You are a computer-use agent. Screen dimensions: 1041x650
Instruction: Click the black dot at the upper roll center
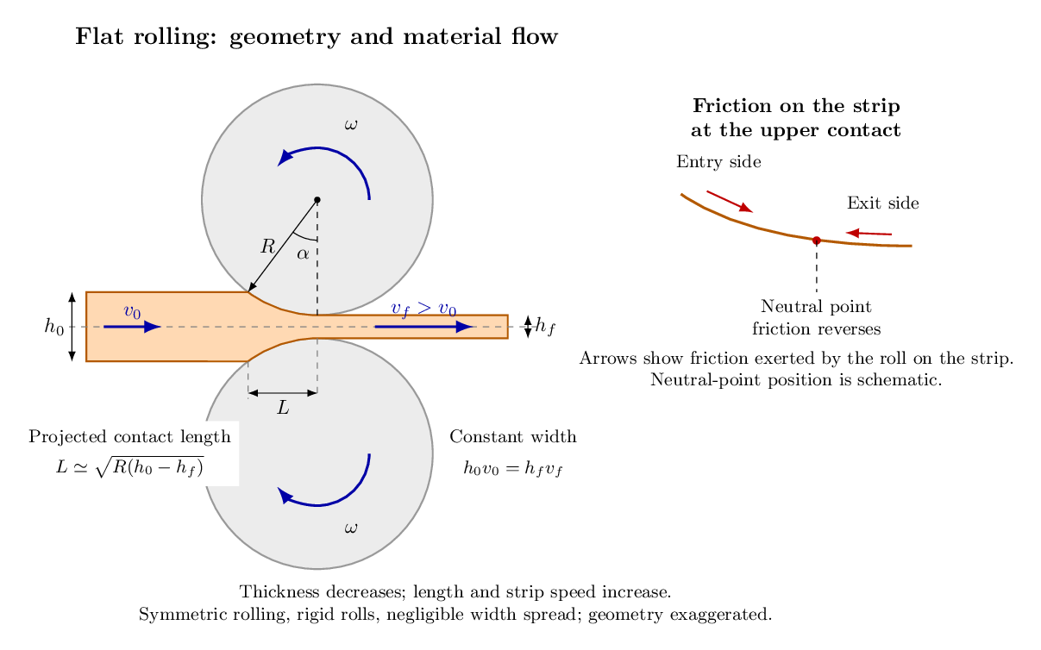pyautogui.click(x=317, y=200)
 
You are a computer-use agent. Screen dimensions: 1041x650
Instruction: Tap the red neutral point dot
pyautogui.click(x=817, y=241)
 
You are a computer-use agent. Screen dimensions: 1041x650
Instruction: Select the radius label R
pyautogui.click(x=267, y=247)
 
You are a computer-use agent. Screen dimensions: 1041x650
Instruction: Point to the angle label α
pyautogui.click(x=303, y=254)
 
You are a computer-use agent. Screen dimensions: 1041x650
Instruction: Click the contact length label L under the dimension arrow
pyautogui.click(x=283, y=408)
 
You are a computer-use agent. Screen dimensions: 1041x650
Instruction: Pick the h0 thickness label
pyautogui.click(x=54, y=327)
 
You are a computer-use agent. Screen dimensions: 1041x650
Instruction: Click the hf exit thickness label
pyautogui.click(x=545, y=326)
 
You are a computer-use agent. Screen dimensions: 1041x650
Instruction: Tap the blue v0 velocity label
pyautogui.click(x=133, y=312)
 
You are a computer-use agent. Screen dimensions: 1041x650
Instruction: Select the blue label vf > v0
pyautogui.click(x=423, y=309)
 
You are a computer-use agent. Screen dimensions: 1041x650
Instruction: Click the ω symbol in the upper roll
pyautogui.click(x=351, y=124)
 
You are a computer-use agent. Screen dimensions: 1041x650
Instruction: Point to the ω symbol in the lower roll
pyautogui.click(x=351, y=528)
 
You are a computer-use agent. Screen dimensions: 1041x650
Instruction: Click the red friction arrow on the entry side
pyautogui.click(x=730, y=202)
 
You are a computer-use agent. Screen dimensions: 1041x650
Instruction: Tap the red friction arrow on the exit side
pyautogui.click(x=869, y=234)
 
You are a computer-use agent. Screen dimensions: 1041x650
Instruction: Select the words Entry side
pyautogui.click(x=718, y=162)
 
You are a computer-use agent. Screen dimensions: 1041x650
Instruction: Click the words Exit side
pyautogui.click(x=883, y=203)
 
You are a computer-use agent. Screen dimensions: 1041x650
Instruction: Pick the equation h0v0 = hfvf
pyautogui.click(x=513, y=468)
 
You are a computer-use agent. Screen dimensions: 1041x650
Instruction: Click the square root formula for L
pyautogui.click(x=129, y=467)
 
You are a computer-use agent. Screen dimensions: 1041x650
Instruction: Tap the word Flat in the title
pyautogui.click(x=99, y=36)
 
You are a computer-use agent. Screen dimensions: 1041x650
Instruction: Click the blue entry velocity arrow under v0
pyautogui.click(x=133, y=327)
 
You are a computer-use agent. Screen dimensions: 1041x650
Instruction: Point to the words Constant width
pyautogui.click(x=513, y=437)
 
